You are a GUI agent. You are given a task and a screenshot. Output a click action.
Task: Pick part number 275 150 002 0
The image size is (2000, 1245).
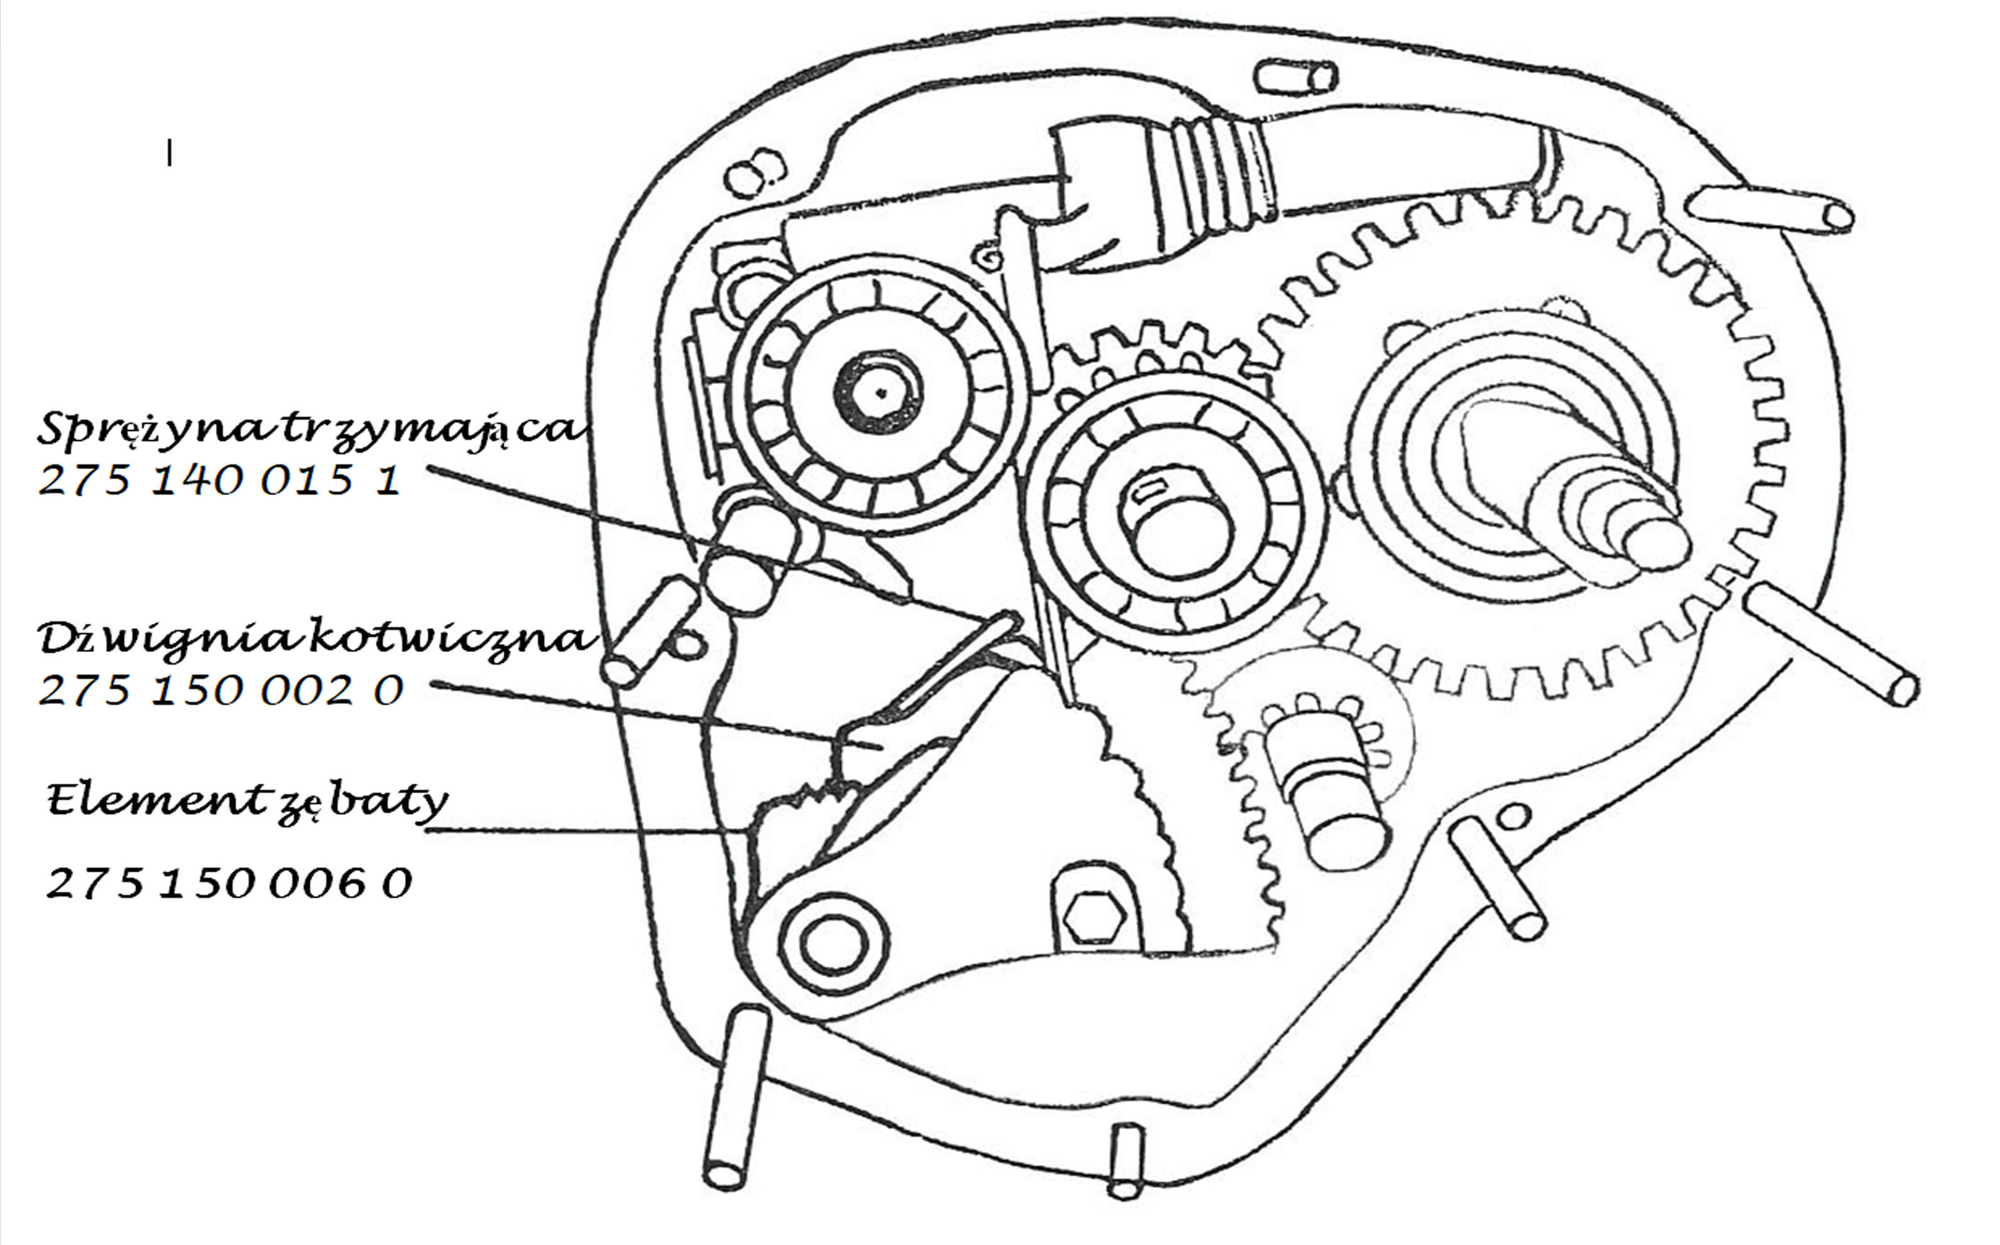pyautogui.click(x=222, y=690)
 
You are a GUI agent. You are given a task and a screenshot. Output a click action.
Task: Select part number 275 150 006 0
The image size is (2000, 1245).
pyautogui.click(x=229, y=884)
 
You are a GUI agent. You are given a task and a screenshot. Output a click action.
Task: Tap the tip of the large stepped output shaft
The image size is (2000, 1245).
pyautogui.click(x=1656, y=545)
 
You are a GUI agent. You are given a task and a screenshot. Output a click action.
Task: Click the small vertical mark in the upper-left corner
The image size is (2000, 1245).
pyautogui.click(x=170, y=153)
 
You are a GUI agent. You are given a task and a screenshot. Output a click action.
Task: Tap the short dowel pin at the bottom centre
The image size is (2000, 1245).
pyautogui.click(x=1125, y=1162)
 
